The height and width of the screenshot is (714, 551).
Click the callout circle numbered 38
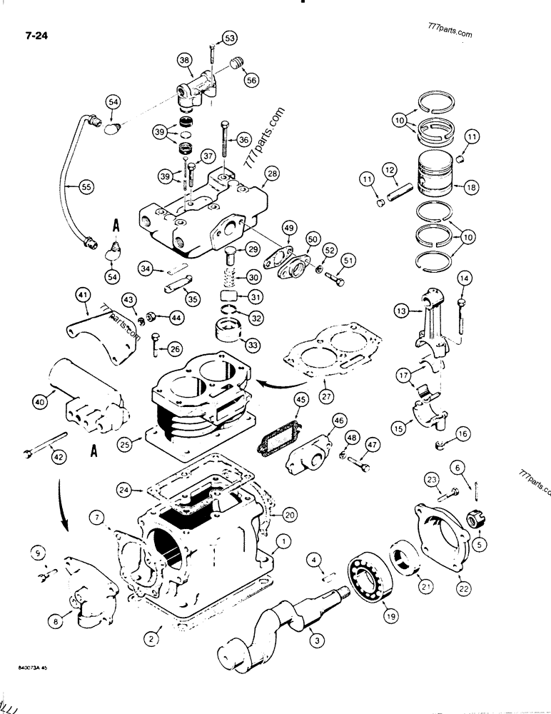[186, 64]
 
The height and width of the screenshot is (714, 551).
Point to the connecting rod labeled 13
[428, 313]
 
